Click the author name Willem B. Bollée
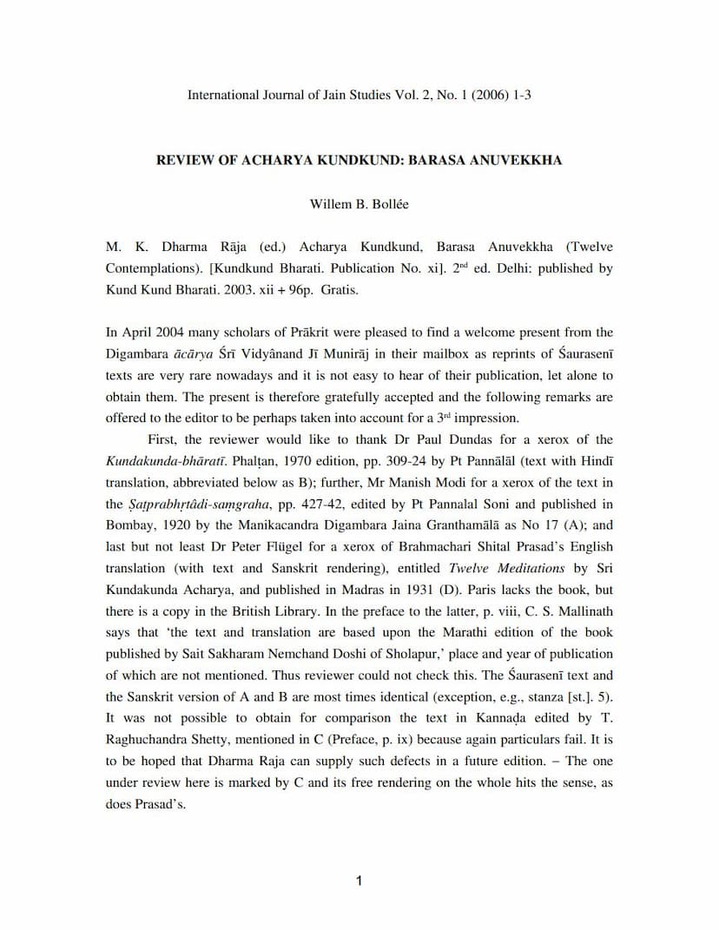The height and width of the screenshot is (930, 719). pyautogui.click(x=359, y=204)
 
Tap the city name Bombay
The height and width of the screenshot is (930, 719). pyautogui.click(x=130, y=524)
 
